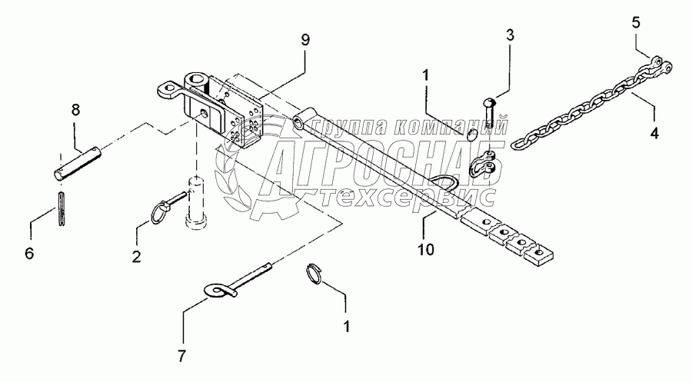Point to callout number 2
pyautogui.click(x=135, y=257)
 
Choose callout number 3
pyautogui.click(x=510, y=35)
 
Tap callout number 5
pyautogui.click(x=635, y=22)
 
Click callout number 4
pyautogui.click(x=654, y=132)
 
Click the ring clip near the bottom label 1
pyautogui.click(x=315, y=274)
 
